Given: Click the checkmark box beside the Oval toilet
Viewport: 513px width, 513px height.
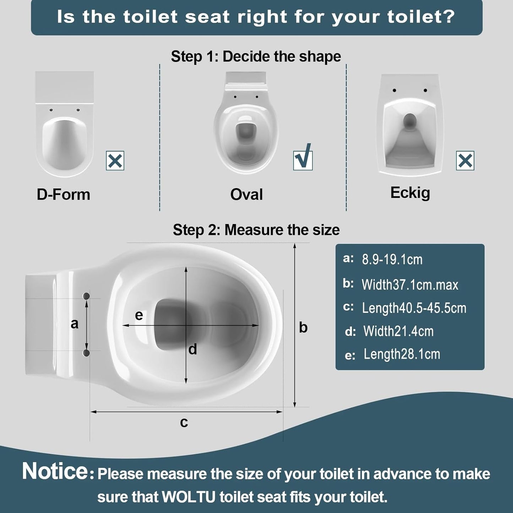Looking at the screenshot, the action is point(303,160).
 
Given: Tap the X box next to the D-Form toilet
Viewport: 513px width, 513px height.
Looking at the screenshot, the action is point(115,160).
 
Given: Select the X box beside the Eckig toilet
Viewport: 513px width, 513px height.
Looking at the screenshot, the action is point(465,160).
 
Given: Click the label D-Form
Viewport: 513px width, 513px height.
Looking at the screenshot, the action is point(63,195).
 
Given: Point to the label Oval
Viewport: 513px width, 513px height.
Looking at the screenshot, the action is point(246,194).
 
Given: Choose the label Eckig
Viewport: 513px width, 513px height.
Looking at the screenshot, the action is point(410,193).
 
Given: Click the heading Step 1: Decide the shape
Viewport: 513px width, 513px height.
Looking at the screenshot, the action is point(256,56).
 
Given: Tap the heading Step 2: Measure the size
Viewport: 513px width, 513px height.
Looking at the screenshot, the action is point(256,230).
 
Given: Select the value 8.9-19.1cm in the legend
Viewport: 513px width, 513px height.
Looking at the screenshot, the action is point(392,259).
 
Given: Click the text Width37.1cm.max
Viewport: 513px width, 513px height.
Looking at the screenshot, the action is point(410,285).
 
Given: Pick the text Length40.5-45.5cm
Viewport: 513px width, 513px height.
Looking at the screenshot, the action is point(414,308).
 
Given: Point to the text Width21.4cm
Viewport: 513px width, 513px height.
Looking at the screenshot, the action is point(398,331).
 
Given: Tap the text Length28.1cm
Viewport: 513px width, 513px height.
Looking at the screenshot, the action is point(402,354).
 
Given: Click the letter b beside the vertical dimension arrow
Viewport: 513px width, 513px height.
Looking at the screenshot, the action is point(303,327).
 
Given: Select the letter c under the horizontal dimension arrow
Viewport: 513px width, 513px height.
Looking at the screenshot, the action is point(184,422).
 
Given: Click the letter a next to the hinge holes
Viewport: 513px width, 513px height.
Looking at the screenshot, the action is point(75,324).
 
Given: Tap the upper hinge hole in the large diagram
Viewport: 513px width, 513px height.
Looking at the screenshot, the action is point(86,296).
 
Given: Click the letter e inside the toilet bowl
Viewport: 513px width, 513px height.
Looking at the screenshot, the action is point(139,316).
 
